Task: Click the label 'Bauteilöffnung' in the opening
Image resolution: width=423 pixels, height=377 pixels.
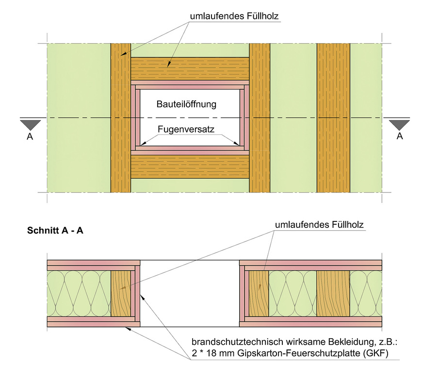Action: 186,104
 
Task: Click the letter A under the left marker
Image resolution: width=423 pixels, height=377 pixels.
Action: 30,137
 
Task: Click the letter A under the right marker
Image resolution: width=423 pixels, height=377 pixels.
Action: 400,137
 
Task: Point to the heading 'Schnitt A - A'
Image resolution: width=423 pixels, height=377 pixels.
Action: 54,231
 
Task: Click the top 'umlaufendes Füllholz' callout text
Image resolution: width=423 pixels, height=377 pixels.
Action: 234,16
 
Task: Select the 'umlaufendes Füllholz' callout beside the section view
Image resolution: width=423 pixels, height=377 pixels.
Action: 319,225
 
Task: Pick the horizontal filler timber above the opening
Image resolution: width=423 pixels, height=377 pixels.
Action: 190,69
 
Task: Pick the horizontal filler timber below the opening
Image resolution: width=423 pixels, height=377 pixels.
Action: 190,166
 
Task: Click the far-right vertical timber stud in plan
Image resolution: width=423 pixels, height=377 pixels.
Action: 333,118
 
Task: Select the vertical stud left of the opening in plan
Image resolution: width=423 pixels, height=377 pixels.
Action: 121,118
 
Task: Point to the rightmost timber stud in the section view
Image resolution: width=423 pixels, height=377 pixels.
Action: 333,294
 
